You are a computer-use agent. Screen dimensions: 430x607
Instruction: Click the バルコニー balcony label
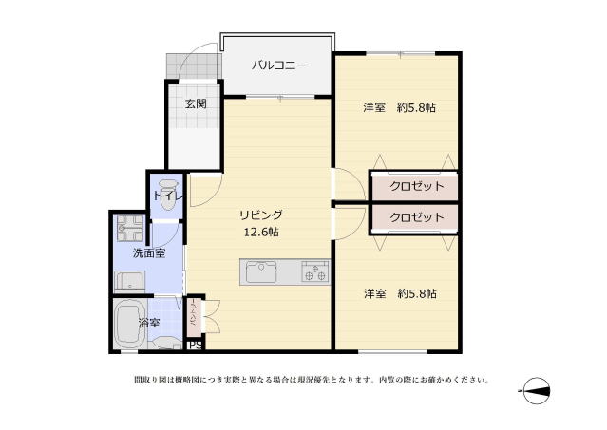pos(278,65)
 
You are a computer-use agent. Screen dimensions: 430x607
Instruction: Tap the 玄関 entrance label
pos(196,103)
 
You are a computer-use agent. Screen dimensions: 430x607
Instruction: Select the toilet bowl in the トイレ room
pos(169,194)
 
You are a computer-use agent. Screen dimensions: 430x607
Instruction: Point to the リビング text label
pos(260,215)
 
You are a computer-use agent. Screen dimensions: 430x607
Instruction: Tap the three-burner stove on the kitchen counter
pos(313,273)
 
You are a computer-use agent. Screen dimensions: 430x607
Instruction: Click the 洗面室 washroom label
pos(148,253)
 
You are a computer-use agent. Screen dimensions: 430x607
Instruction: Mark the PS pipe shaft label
pos(194,345)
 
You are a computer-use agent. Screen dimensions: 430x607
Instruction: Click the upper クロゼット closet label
pos(416,186)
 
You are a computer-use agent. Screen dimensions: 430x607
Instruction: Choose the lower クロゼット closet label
pos(416,217)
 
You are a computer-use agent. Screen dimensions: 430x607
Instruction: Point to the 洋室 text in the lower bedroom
pos(374,294)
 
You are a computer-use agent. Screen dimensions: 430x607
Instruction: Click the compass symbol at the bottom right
pos(537,390)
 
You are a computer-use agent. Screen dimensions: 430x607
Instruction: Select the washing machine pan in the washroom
pos(129,281)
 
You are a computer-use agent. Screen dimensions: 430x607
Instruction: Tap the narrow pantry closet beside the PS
pos(194,315)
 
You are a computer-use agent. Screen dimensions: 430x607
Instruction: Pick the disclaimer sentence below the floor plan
pos(312,381)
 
